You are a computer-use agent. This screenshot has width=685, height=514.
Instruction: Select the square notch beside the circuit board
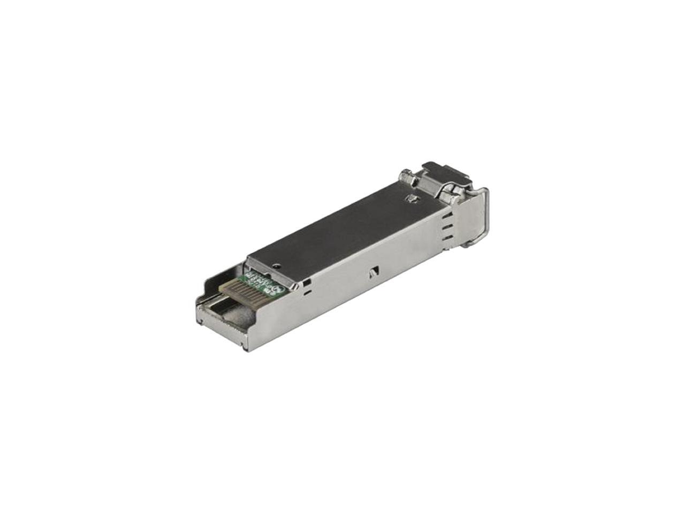(306, 281)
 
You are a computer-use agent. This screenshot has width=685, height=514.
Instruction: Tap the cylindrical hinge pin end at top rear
(407, 177)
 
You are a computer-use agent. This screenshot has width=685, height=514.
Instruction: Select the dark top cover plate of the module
(342, 225)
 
